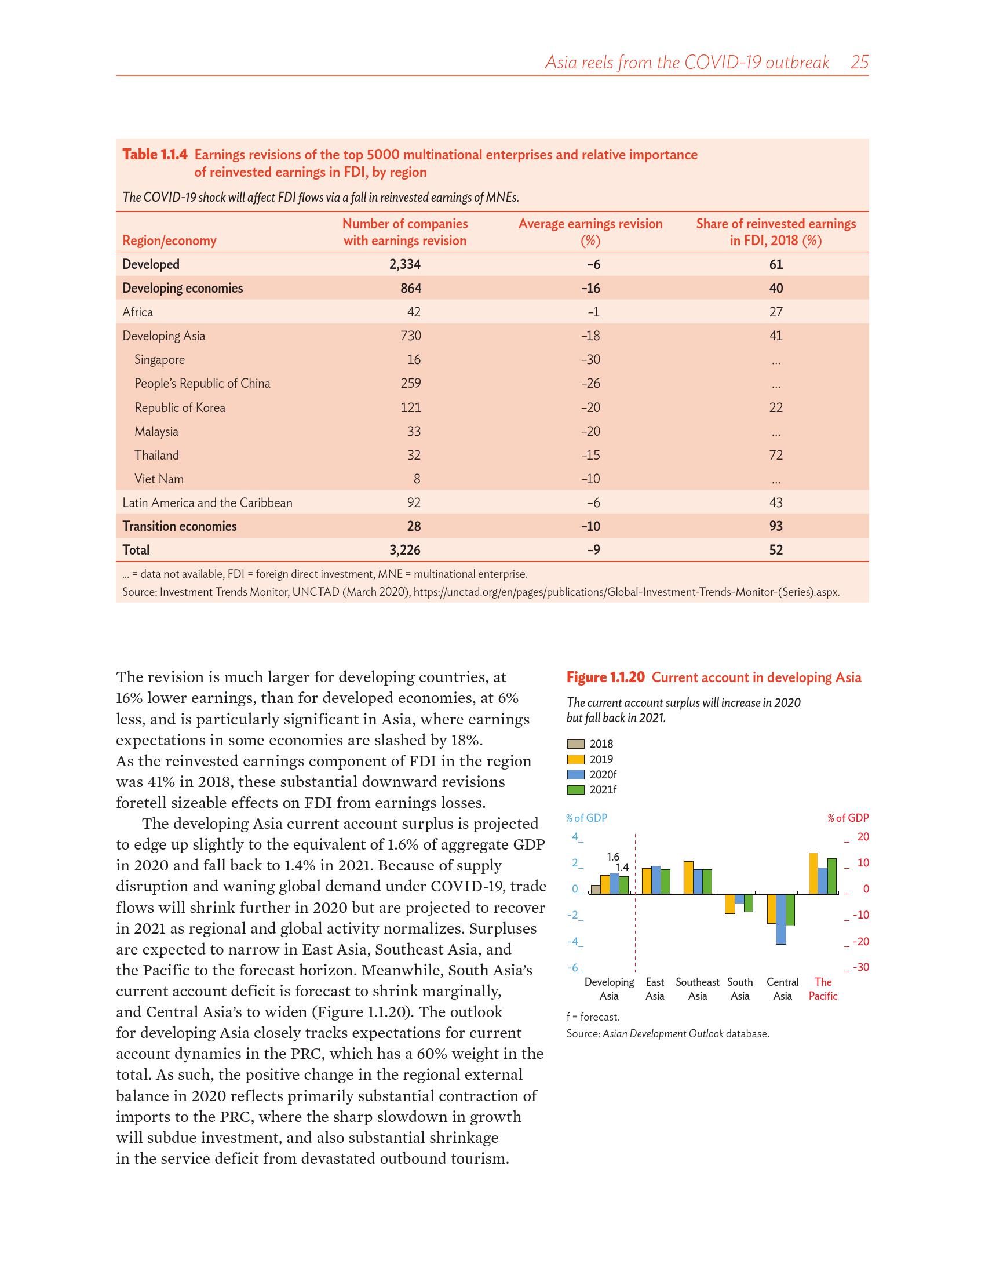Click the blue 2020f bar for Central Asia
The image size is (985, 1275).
(781, 919)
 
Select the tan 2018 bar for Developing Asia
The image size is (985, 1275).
(595, 889)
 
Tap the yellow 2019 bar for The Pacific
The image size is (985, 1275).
(813, 873)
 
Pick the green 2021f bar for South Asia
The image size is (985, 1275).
(749, 902)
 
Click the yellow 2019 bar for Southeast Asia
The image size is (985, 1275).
(688, 877)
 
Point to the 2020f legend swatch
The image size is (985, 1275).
(575, 775)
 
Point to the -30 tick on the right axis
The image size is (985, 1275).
(860, 967)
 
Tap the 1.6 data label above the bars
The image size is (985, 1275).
(612, 857)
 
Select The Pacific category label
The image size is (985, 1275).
(823, 989)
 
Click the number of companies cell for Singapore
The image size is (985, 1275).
(414, 360)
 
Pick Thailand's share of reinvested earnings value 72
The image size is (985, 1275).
(775, 456)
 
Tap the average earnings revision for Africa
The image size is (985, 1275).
(593, 312)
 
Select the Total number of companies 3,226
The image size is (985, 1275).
(404, 550)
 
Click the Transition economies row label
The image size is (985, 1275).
(179, 527)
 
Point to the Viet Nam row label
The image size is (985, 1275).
(159, 479)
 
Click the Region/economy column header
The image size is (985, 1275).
(169, 241)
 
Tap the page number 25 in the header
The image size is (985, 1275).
(859, 63)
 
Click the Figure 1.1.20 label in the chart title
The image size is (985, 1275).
(605, 677)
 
